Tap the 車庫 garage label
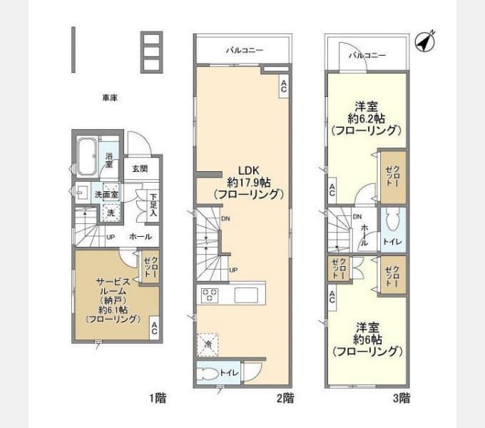pyautogui.click(x=109, y=98)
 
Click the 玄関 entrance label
pyautogui.click(x=140, y=169)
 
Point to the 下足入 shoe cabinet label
pyautogui.click(x=153, y=206)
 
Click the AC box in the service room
pyautogui.click(x=154, y=329)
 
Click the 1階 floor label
pyautogui.click(x=158, y=397)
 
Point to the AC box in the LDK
pyautogui.click(x=283, y=86)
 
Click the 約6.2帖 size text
pyautogui.click(x=367, y=118)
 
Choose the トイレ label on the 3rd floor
pyautogui.click(x=393, y=243)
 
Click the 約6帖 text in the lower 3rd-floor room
pyautogui.click(x=367, y=339)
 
